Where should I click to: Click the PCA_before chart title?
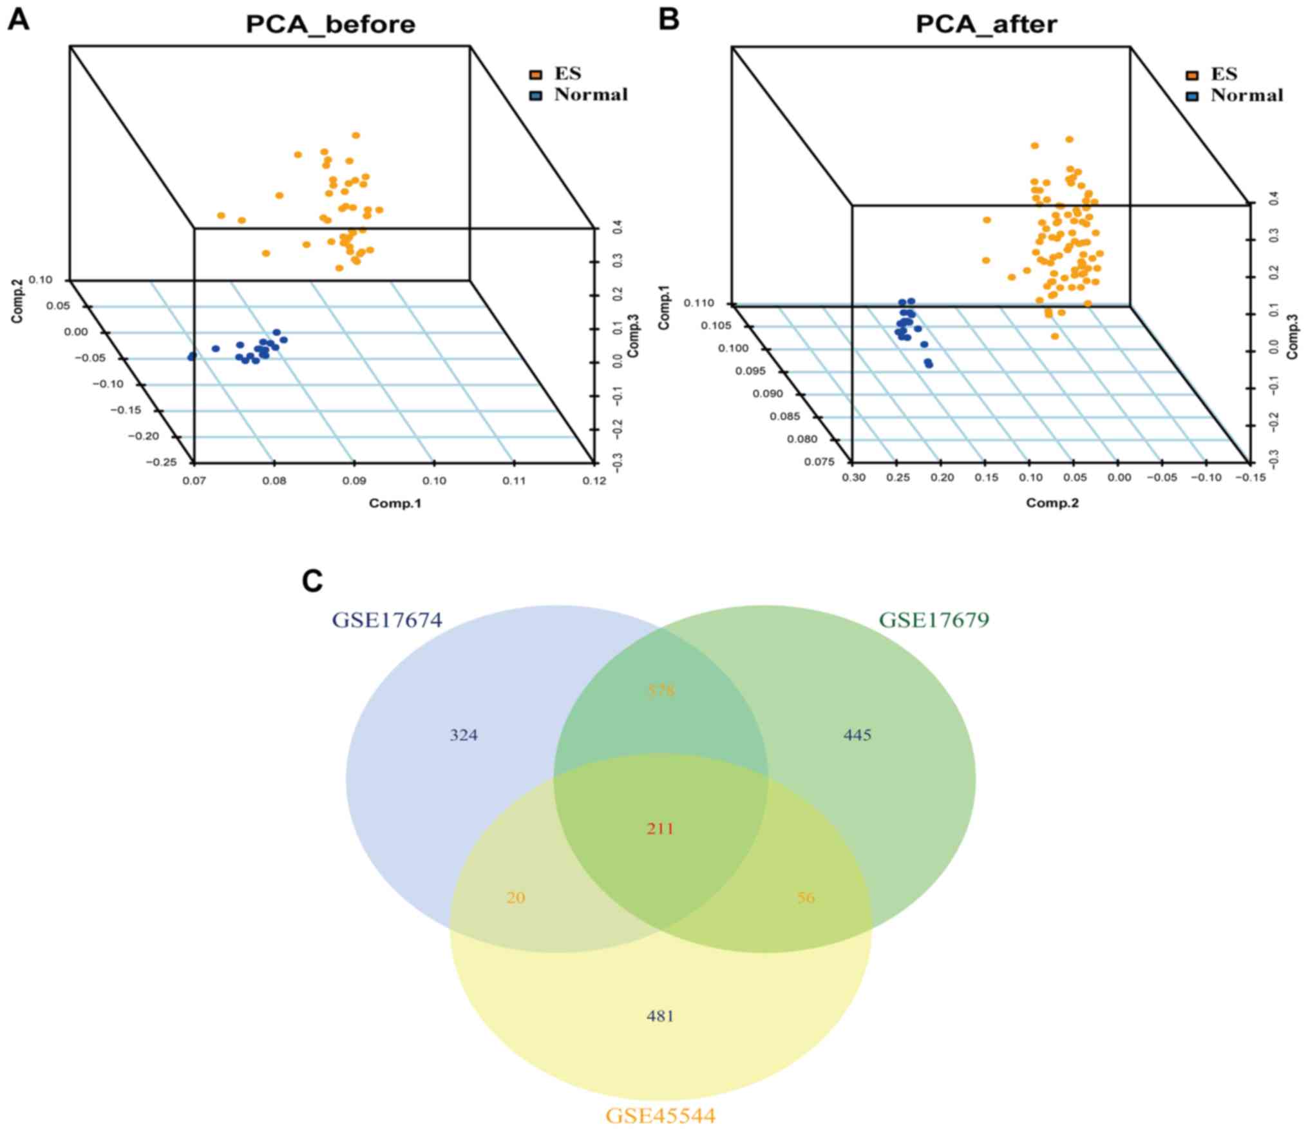330,25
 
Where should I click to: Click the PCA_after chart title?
986,25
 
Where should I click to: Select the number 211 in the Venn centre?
660,828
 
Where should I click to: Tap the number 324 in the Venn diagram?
464,735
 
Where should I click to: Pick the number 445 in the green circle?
857,735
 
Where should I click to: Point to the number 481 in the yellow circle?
660,1016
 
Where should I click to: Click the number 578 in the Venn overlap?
661,691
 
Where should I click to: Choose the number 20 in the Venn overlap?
516,898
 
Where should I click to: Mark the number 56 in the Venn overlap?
806,898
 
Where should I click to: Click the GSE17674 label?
387,620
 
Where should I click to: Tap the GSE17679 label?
934,620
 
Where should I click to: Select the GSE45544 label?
660,1116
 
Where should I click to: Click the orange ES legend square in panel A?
535,75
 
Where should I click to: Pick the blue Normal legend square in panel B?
1191,97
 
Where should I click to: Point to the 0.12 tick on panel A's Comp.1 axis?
594,481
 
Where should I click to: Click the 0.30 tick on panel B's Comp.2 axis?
854,478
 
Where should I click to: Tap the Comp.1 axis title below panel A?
395,503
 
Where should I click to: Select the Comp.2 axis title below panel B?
1052,503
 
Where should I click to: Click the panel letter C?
312,581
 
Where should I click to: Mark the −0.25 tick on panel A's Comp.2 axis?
161,462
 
